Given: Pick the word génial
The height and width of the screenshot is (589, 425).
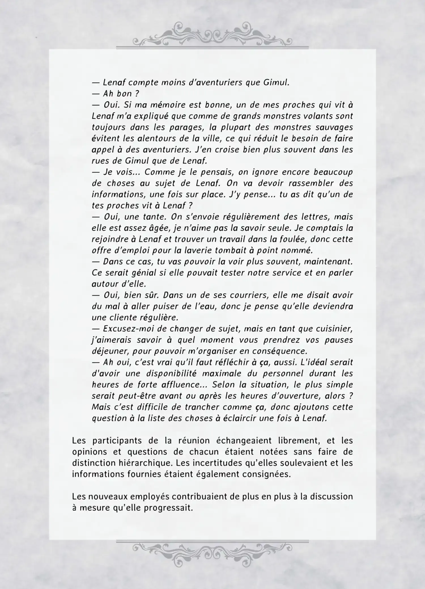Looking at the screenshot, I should point(144,273).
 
